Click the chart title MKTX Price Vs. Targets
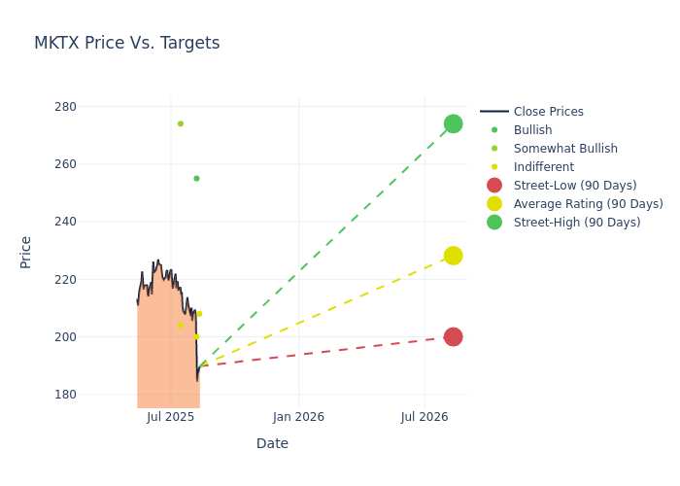pyautogui.click(x=126, y=43)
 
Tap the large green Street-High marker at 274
pyautogui.click(x=454, y=123)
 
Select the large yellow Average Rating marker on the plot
pyautogui.click(x=454, y=256)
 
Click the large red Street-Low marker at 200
pyautogui.click(x=454, y=336)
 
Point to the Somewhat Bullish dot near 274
pyautogui.click(x=181, y=123)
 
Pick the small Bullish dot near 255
pyautogui.click(x=196, y=178)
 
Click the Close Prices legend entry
pyautogui.click(x=531, y=112)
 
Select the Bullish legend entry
pyautogui.click(x=516, y=129)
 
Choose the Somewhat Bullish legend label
pyautogui.click(x=565, y=149)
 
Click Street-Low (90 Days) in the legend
pyautogui.click(x=562, y=186)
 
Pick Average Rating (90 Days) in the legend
pyautogui.click(x=575, y=204)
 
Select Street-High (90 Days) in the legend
pyautogui.click(x=563, y=223)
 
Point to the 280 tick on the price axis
pyautogui.click(x=65, y=107)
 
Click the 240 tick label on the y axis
pyautogui.click(x=65, y=222)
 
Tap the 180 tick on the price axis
pyautogui.click(x=65, y=395)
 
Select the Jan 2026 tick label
pyautogui.click(x=298, y=417)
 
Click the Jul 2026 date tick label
pyautogui.click(x=425, y=417)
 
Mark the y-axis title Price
pyautogui.click(x=25, y=253)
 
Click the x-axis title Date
pyautogui.click(x=272, y=443)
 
